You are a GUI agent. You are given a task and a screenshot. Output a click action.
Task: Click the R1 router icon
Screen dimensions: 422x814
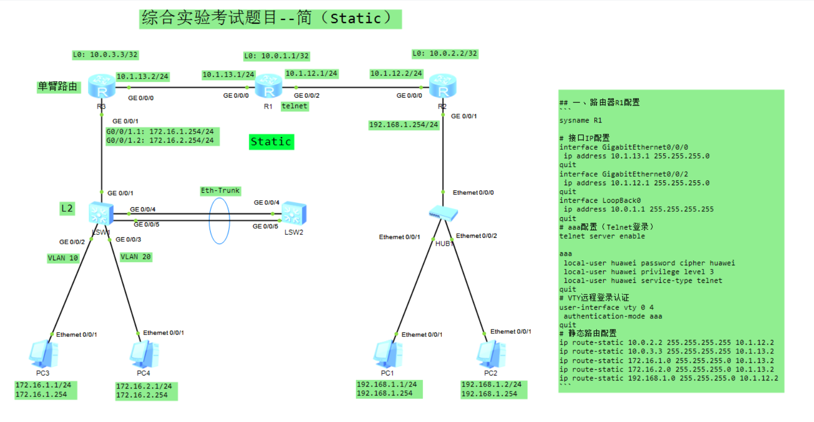pos(269,86)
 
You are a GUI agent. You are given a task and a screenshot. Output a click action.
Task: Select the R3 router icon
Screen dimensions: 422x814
pos(102,86)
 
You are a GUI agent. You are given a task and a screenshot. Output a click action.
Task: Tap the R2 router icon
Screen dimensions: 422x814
pos(443,86)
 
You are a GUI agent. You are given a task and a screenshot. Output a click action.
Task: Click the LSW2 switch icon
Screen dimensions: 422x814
pos(294,214)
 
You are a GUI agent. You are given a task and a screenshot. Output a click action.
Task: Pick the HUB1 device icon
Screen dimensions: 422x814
pos(443,214)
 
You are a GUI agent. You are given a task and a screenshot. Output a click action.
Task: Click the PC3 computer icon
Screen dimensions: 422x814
pos(44,354)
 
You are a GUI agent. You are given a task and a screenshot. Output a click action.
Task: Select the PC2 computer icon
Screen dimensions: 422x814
pos(491,354)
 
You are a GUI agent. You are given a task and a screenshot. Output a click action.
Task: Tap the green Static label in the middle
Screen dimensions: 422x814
pos(271,142)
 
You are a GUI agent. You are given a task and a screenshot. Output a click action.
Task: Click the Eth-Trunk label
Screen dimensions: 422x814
pos(220,191)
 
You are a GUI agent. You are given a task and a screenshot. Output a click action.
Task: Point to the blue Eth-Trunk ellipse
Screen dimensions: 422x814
pos(219,221)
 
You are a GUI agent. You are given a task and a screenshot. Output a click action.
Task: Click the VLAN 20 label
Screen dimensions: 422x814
pos(136,257)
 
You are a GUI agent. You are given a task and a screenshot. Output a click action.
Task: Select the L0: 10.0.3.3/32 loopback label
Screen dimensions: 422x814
pos(105,55)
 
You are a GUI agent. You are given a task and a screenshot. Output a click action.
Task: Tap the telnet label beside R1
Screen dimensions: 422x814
pos(294,106)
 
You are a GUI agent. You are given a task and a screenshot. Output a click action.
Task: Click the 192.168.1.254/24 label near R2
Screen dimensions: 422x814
pos(403,125)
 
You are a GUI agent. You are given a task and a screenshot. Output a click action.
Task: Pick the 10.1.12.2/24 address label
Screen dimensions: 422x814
pos(396,74)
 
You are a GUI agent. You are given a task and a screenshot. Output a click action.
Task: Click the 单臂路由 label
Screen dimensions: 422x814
pos(58,87)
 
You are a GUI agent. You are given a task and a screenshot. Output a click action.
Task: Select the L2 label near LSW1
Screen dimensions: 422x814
pos(67,208)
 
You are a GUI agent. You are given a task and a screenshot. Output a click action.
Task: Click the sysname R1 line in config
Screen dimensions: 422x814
pos(580,121)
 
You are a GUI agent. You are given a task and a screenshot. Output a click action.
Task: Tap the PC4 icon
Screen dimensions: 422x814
pos(144,354)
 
